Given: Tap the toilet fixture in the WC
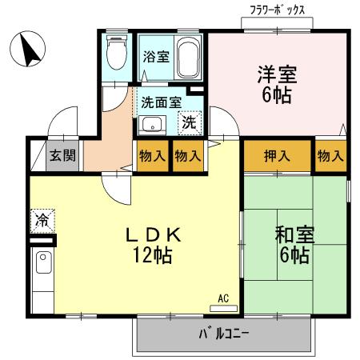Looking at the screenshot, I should (x=116, y=53).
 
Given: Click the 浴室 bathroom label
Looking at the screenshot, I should (x=155, y=58).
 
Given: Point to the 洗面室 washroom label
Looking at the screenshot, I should (x=161, y=102).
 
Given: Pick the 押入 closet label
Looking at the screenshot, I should (x=278, y=155).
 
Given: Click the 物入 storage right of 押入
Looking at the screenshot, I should (x=330, y=155).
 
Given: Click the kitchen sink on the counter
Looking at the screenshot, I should (x=42, y=262).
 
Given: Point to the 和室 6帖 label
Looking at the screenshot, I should (x=294, y=246).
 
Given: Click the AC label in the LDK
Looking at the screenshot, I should (x=223, y=298).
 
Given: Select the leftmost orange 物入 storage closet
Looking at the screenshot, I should (x=152, y=156).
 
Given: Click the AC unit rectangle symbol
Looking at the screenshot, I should (x=223, y=306).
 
